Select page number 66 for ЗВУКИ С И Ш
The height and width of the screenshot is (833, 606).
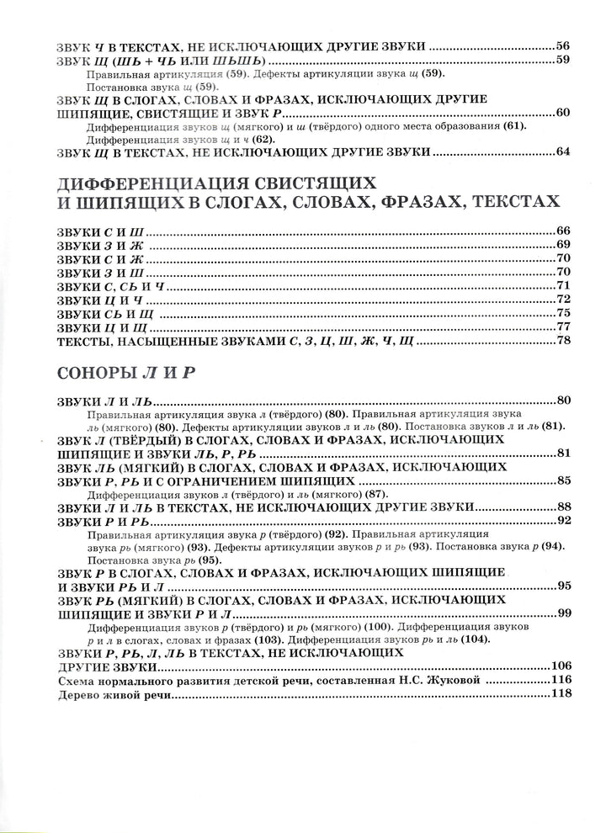[x=563, y=231]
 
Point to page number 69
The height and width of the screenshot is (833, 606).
[x=563, y=245]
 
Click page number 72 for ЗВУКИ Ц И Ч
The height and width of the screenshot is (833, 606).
[x=563, y=300]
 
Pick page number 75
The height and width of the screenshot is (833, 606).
[x=563, y=313]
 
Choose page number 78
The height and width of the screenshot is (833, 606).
[x=563, y=341]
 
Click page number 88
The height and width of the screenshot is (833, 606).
[x=563, y=507]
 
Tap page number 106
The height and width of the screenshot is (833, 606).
[x=560, y=666]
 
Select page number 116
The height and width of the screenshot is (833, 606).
[x=560, y=680]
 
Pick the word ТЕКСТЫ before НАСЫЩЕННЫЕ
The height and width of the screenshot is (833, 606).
[x=84, y=341]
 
